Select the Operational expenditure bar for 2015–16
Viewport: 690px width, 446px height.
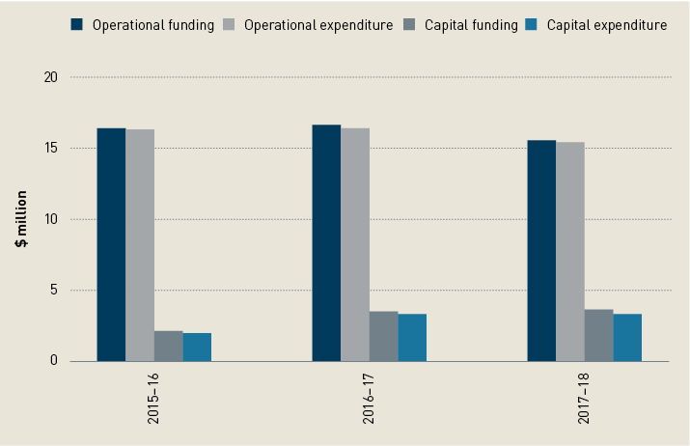tap(140, 245)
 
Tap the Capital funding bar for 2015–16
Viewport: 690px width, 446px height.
tap(169, 346)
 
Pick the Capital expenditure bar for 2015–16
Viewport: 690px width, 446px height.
tap(197, 347)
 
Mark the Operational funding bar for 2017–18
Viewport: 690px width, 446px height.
tap(541, 250)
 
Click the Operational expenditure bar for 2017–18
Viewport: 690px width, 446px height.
tap(569, 251)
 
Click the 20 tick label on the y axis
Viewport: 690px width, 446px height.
tap(52, 77)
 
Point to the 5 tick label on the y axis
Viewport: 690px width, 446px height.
tap(56, 291)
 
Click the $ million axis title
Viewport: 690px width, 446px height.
tap(20, 219)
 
